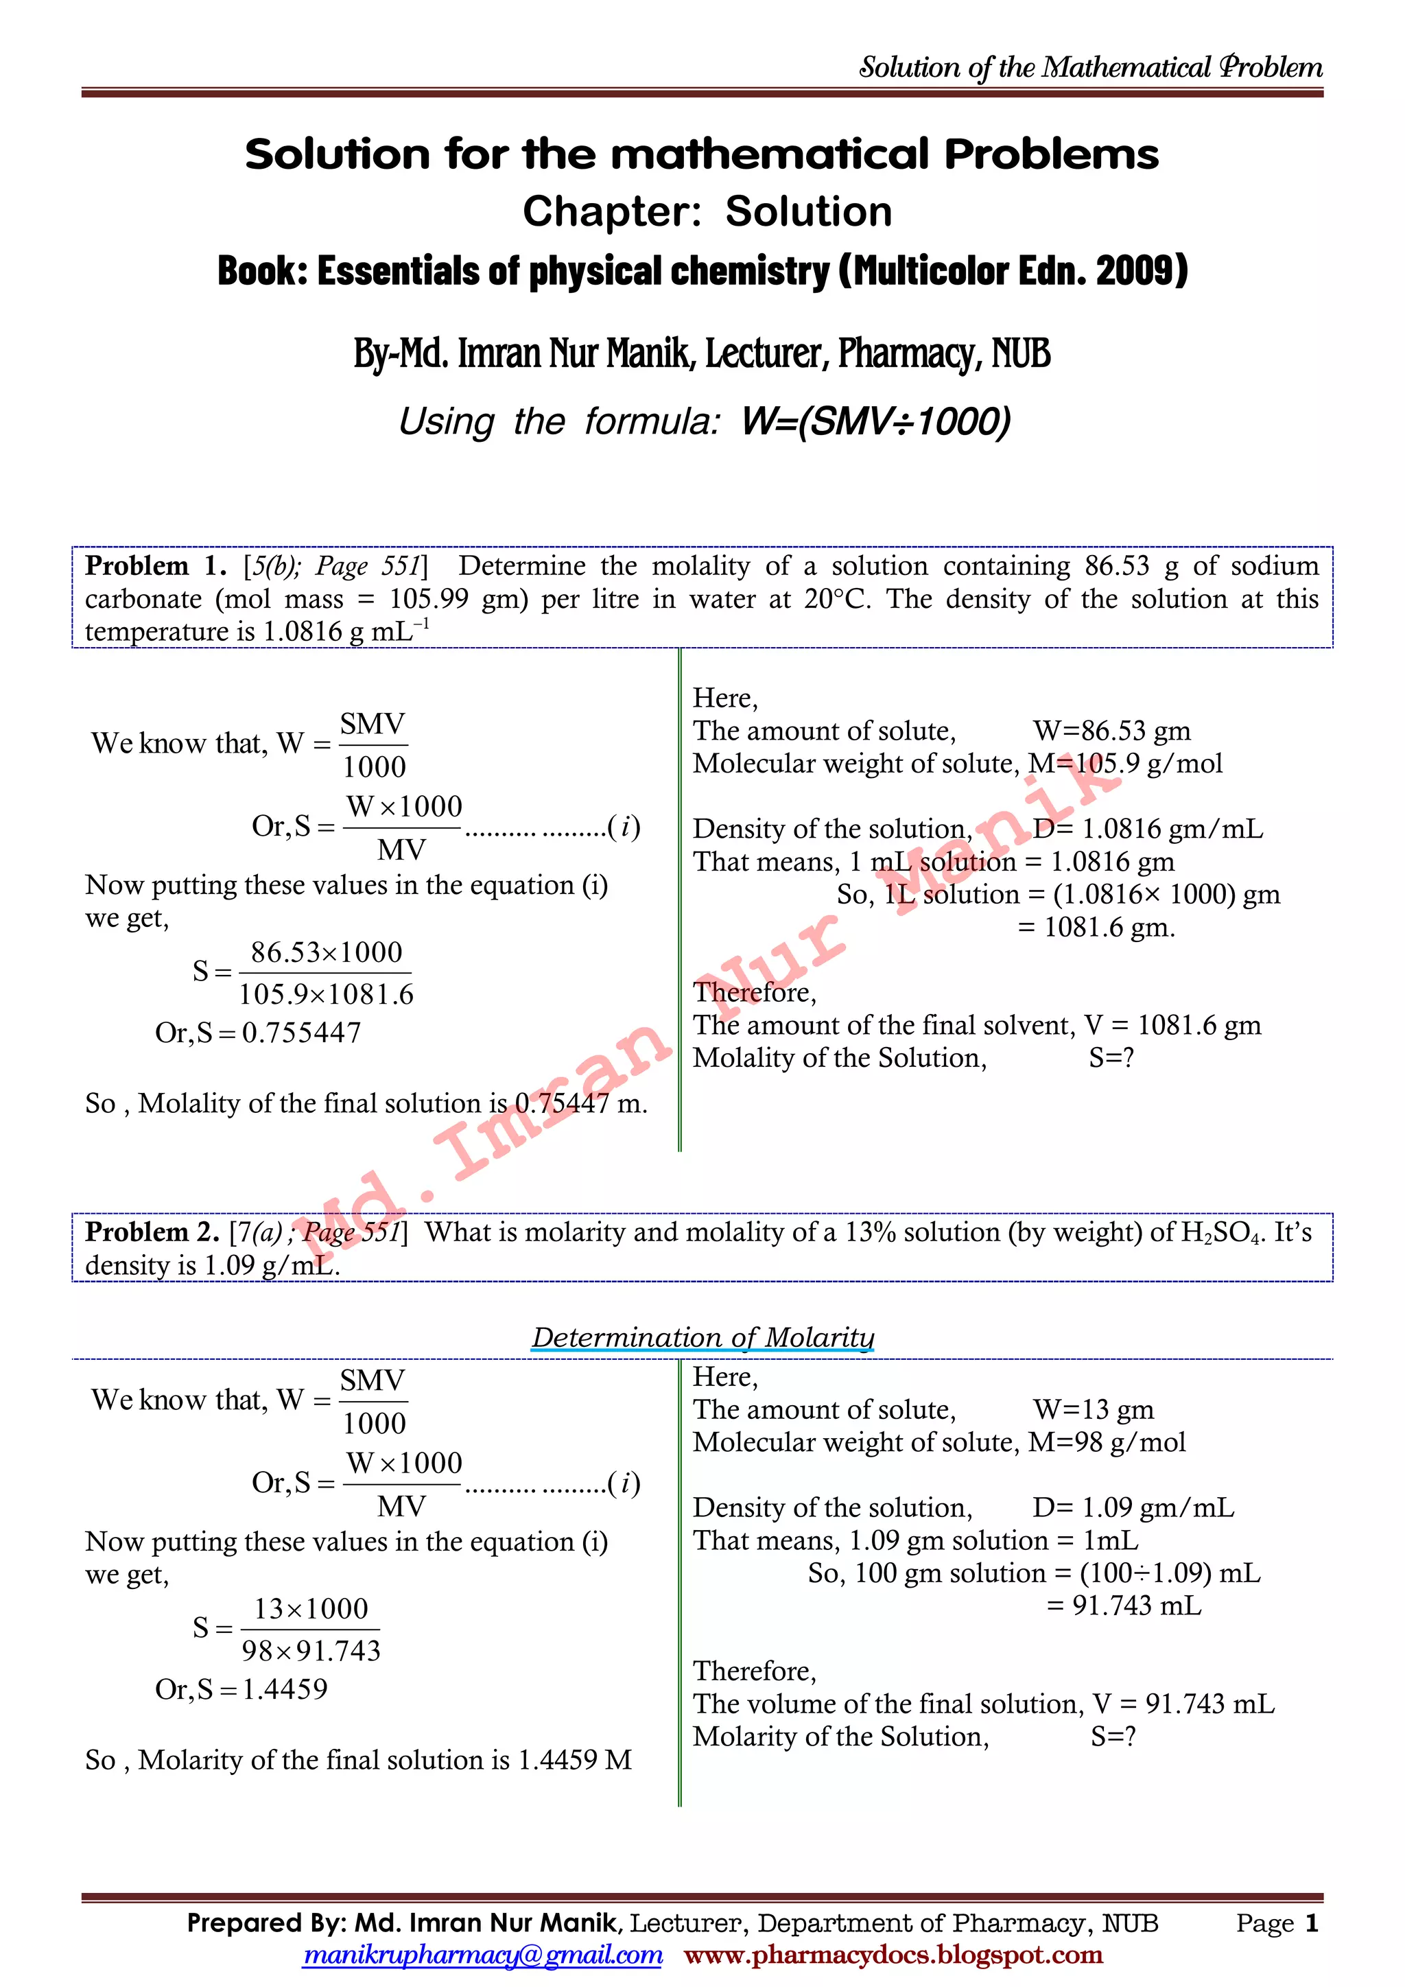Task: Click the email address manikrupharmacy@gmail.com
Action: point(483,1954)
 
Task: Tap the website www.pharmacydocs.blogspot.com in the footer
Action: point(893,1954)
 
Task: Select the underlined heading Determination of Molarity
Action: point(702,1337)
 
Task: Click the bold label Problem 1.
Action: point(155,566)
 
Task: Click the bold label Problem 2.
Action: point(152,1232)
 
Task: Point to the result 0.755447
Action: point(301,1033)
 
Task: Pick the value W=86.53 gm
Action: point(1111,731)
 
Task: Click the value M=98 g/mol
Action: point(1107,1443)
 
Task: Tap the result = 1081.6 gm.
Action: point(1096,928)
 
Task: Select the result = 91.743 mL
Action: point(1124,1606)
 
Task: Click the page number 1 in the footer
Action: point(1312,1923)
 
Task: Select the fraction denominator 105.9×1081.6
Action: point(326,994)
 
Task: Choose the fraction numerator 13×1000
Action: point(311,1609)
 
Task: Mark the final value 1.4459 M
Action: point(574,1761)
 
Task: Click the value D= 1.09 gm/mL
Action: point(1133,1508)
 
